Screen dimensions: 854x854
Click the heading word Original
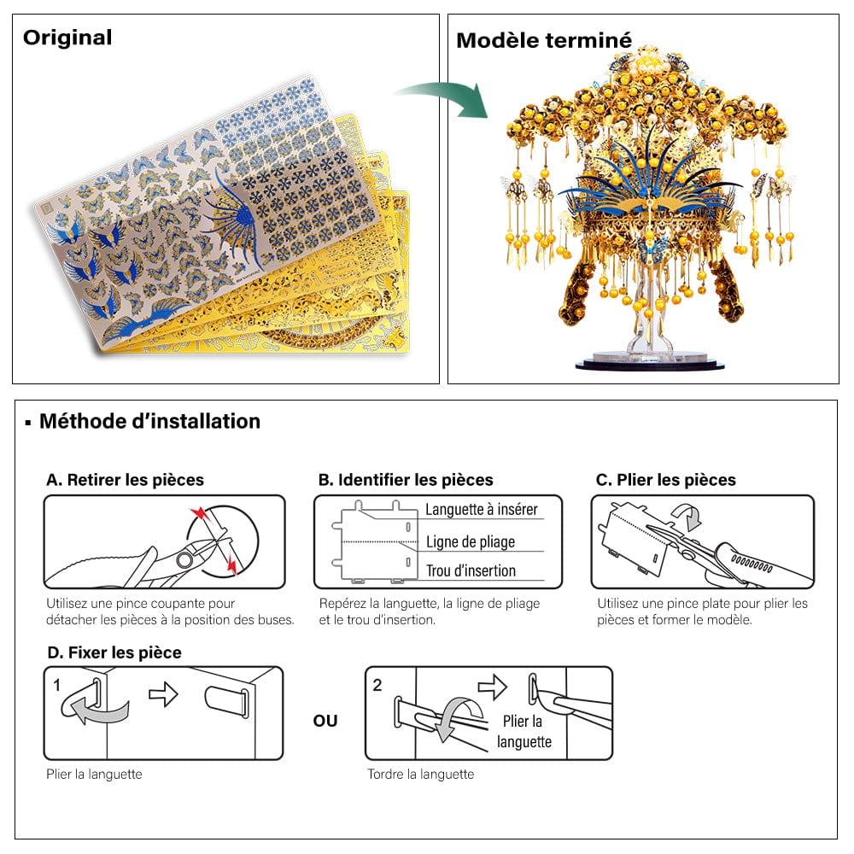(67, 38)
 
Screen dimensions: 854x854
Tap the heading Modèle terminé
(544, 40)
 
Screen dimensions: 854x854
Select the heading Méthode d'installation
(149, 421)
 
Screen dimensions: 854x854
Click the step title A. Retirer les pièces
(125, 480)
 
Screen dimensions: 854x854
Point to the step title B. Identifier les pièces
(406, 480)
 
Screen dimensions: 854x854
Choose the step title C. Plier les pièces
(665, 480)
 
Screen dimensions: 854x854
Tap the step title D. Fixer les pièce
(114, 652)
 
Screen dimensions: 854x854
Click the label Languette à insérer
(482, 510)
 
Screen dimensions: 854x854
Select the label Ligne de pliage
(471, 541)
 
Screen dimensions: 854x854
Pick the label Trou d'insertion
(471, 570)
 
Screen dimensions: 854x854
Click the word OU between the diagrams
(325, 721)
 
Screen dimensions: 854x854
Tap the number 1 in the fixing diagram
(56, 684)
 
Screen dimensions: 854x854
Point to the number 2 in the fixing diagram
(377, 684)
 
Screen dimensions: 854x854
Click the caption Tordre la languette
(420, 775)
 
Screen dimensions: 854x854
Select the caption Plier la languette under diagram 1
(94, 775)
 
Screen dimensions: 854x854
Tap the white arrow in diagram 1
(163, 695)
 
